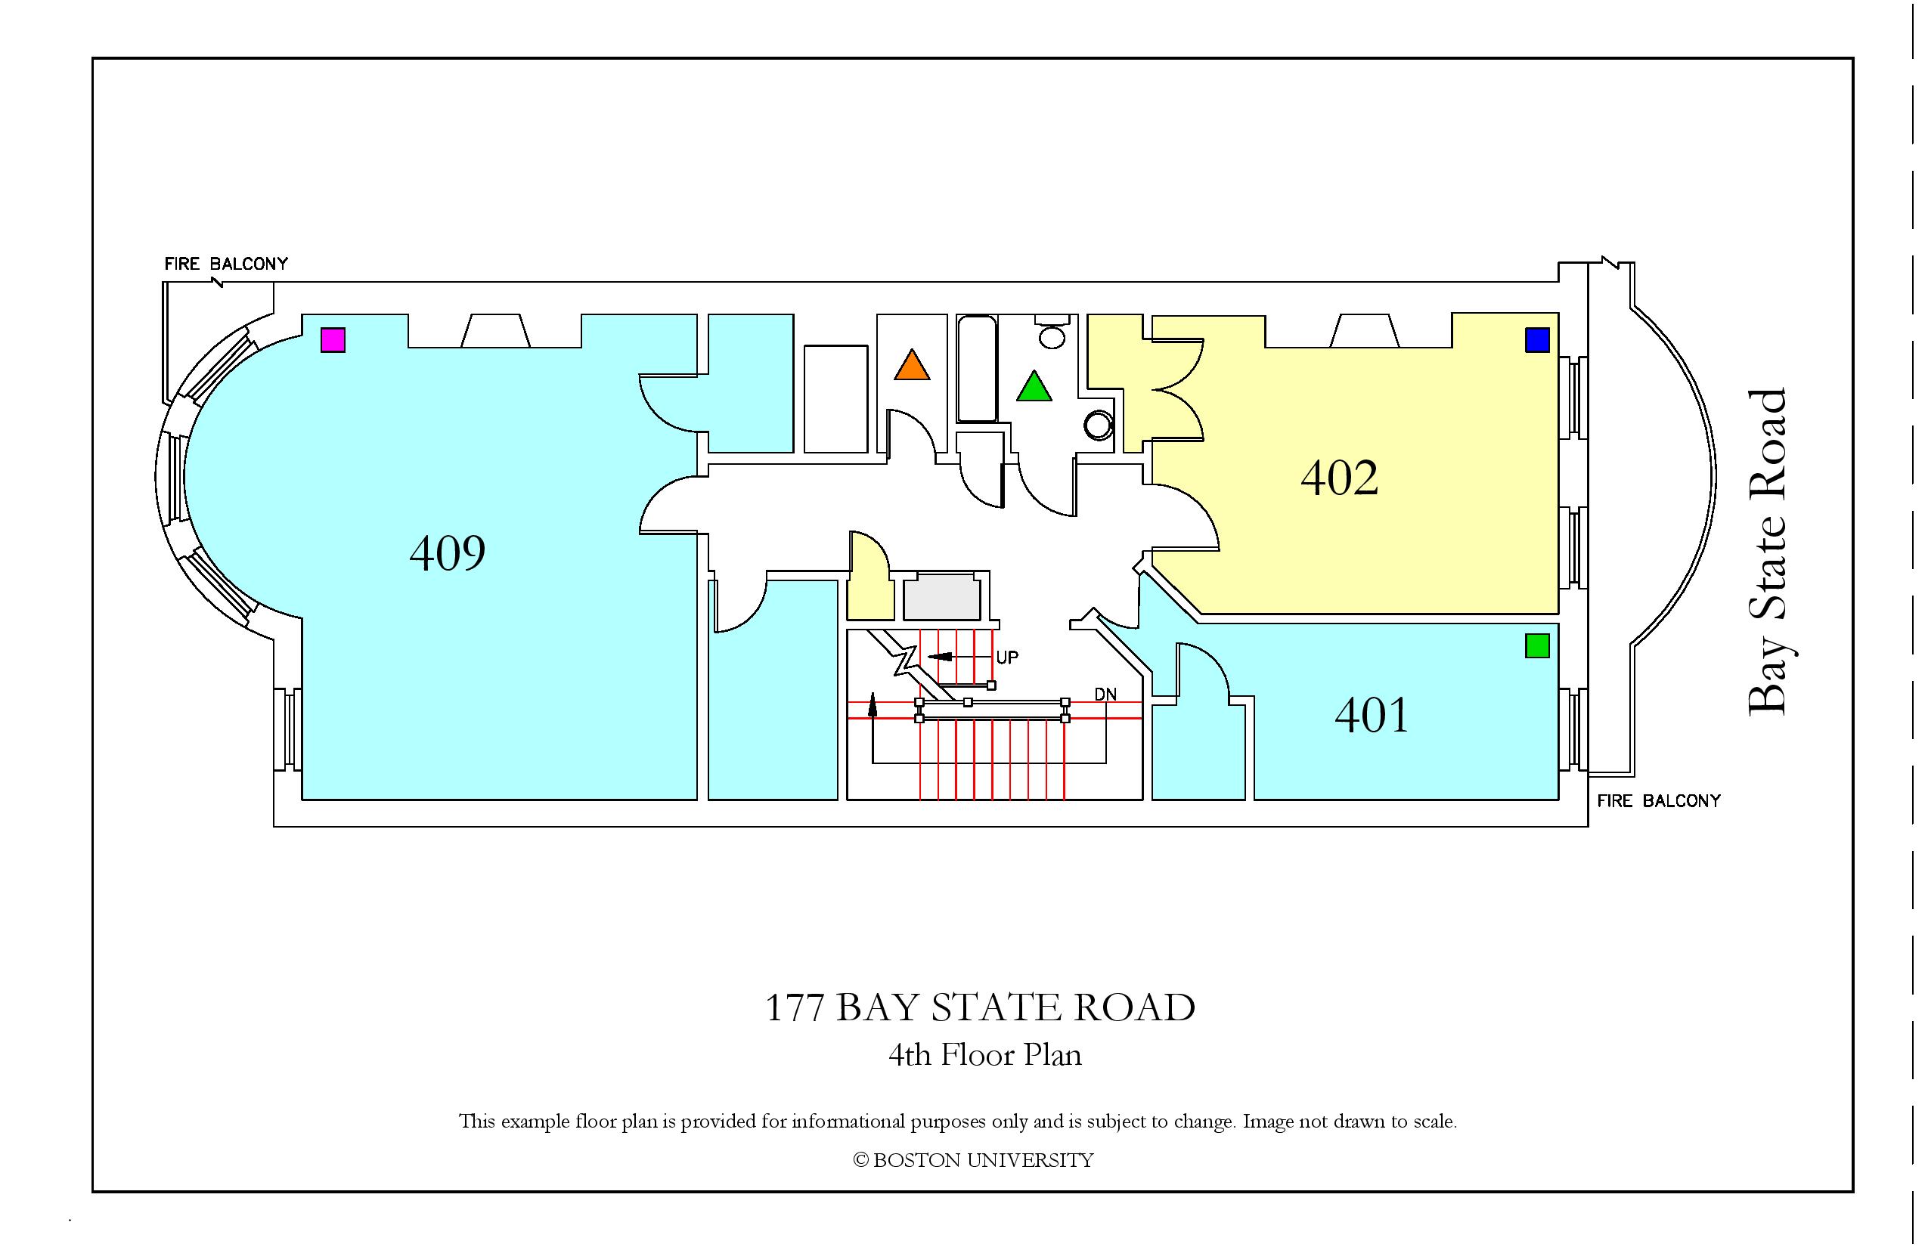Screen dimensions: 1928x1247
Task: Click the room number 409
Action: (447, 553)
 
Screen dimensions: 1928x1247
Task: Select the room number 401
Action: (1372, 715)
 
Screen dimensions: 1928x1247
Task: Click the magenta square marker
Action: (333, 340)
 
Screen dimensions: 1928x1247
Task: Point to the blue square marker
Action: (1538, 340)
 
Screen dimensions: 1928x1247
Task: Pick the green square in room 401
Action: (1538, 645)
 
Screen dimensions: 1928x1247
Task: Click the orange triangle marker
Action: (912, 364)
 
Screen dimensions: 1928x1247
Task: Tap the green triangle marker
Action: (1034, 385)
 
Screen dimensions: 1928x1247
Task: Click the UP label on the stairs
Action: (1007, 658)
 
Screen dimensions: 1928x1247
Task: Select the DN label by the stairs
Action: (1105, 695)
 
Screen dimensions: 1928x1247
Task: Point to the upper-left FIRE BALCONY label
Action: (226, 264)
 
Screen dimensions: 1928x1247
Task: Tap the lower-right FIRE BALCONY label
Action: (1658, 801)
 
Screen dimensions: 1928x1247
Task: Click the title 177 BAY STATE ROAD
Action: (980, 1007)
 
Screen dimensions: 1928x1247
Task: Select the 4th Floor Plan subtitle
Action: (985, 1055)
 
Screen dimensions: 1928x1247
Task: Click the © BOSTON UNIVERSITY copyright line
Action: (973, 1160)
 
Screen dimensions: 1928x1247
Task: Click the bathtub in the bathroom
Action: (977, 370)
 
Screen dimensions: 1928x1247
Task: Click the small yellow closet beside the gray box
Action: (869, 577)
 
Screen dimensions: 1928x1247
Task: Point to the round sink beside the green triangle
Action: (1099, 425)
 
